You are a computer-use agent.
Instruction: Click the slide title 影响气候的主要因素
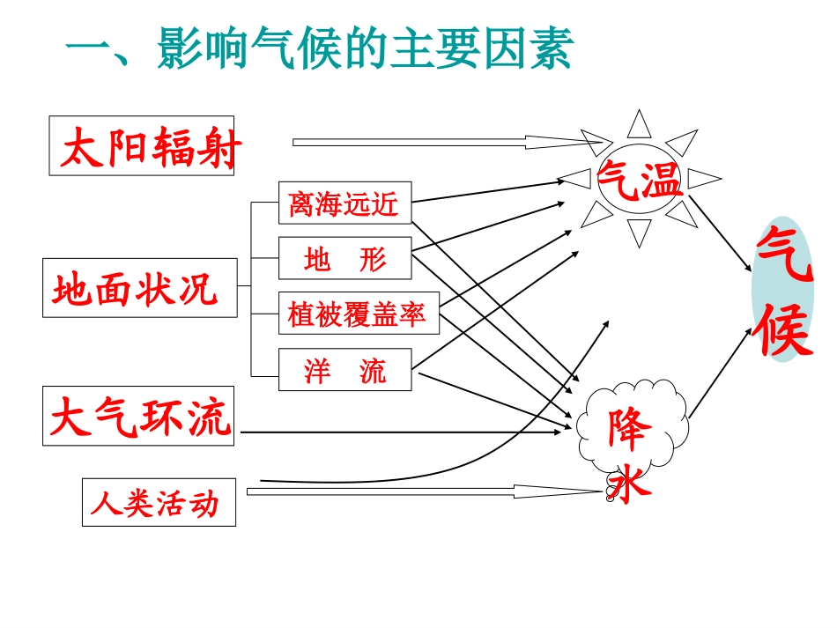click(x=319, y=49)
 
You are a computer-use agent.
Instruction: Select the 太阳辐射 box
click(x=142, y=145)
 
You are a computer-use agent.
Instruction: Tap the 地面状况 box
click(x=140, y=288)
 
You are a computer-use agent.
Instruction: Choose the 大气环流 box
click(x=139, y=416)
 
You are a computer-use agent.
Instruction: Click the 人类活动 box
click(x=159, y=503)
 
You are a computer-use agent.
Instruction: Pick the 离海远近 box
click(x=344, y=204)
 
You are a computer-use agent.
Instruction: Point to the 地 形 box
click(x=344, y=259)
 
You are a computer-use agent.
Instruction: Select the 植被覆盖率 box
click(x=357, y=314)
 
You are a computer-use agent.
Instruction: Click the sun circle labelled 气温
click(x=640, y=179)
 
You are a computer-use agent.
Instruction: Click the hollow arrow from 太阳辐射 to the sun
click(x=449, y=141)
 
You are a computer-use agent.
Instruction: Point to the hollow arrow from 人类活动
click(x=423, y=491)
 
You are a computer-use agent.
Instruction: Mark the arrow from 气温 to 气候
click(x=720, y=233)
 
